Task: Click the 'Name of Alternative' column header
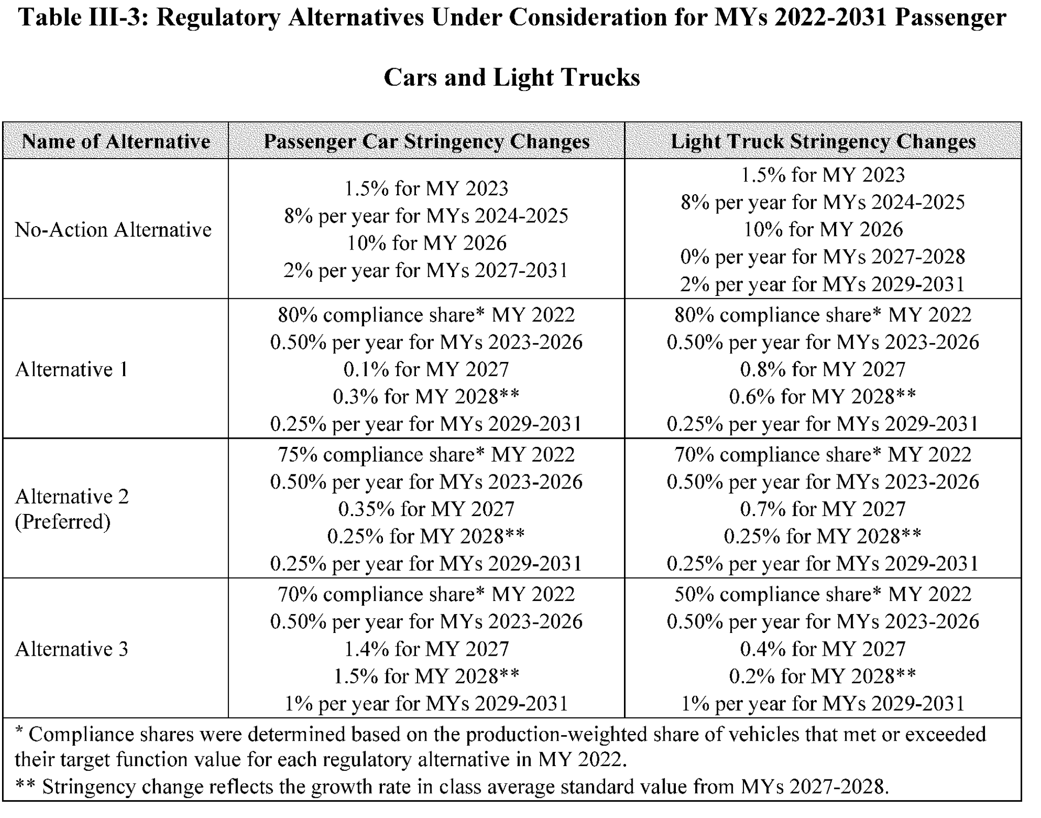115,141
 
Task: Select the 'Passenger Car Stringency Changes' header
426,141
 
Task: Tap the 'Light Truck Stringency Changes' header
823,141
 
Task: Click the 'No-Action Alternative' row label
113,230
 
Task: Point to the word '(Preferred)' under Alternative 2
63,522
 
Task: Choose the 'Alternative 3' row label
71,649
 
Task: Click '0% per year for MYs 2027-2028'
822,257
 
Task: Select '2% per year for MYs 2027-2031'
426,270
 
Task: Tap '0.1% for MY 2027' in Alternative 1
426,370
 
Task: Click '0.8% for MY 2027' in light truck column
822,370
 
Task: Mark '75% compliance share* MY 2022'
426,455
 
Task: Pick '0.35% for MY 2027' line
426,509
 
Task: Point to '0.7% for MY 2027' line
822,509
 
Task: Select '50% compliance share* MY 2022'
822,594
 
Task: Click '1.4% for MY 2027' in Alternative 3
426,649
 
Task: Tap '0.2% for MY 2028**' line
822,676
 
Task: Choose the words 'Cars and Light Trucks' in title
511,78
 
